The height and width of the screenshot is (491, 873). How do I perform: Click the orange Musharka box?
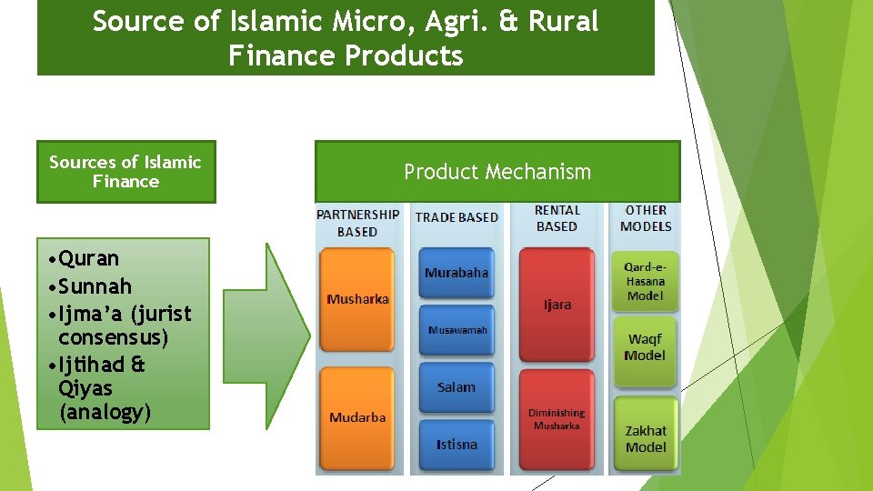pyautogui.click(x=358, y=299)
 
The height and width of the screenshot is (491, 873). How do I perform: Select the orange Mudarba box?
pyautogui.click(x=358, y=417)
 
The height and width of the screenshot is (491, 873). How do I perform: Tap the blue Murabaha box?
pyautogui.click(x=456, y=273)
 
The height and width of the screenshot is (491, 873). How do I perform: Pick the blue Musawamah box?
pyautogui.click(x=457, y=330)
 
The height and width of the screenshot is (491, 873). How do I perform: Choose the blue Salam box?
pyautogui.click(x=456, y=387)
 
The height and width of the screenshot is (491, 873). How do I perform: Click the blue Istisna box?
pyautogui.click(x=456, y=445)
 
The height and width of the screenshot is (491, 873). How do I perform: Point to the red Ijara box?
pyautogui.click(x=557, y=305)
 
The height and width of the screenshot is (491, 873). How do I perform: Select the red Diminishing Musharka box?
pyautogui.click(x=557, y=419)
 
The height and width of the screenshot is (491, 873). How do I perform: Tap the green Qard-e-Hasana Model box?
pyautogui.click(x=645, y=281)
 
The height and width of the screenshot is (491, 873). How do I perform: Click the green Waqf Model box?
pyautogui.click(x=645, y=347)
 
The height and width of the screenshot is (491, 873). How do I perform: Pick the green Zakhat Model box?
pyautogui.click(x=646, y=438)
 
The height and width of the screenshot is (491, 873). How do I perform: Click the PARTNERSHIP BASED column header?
pyautogui.click(x=357, y=223)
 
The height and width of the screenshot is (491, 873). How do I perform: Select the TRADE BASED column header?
pyautogui.click(x=457, y=217)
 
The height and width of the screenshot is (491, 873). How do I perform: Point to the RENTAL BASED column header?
pyautogui.click(x=557, y=218)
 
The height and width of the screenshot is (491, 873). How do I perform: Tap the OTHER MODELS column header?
pyautogui.click(x=646, y=218)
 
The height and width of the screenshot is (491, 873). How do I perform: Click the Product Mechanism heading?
pyautogui.click(x=497, y=172)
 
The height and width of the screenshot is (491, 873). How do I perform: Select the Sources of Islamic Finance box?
pyautogui.click(x=125, y=172)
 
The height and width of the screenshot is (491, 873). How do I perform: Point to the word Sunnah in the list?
pyautogui.click(x=95, y=286)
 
